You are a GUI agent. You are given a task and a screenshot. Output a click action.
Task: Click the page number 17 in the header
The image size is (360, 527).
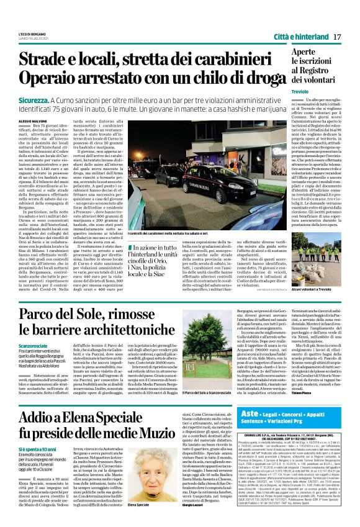[x=338, y=37]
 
